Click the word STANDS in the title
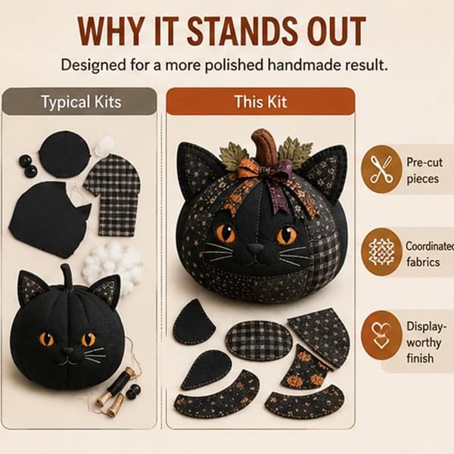point(243,31)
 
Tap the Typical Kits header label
point(82,102)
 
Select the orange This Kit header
point(260,101)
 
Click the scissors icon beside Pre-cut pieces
point(381,169)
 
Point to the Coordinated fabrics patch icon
point(381,252)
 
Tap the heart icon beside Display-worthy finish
point(381,335)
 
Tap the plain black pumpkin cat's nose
point(68,352)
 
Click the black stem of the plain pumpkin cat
point(67,278)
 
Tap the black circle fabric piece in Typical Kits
point(64,154)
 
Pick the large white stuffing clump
point(113,263)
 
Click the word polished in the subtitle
point(234,65)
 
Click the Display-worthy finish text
point(424,343)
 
